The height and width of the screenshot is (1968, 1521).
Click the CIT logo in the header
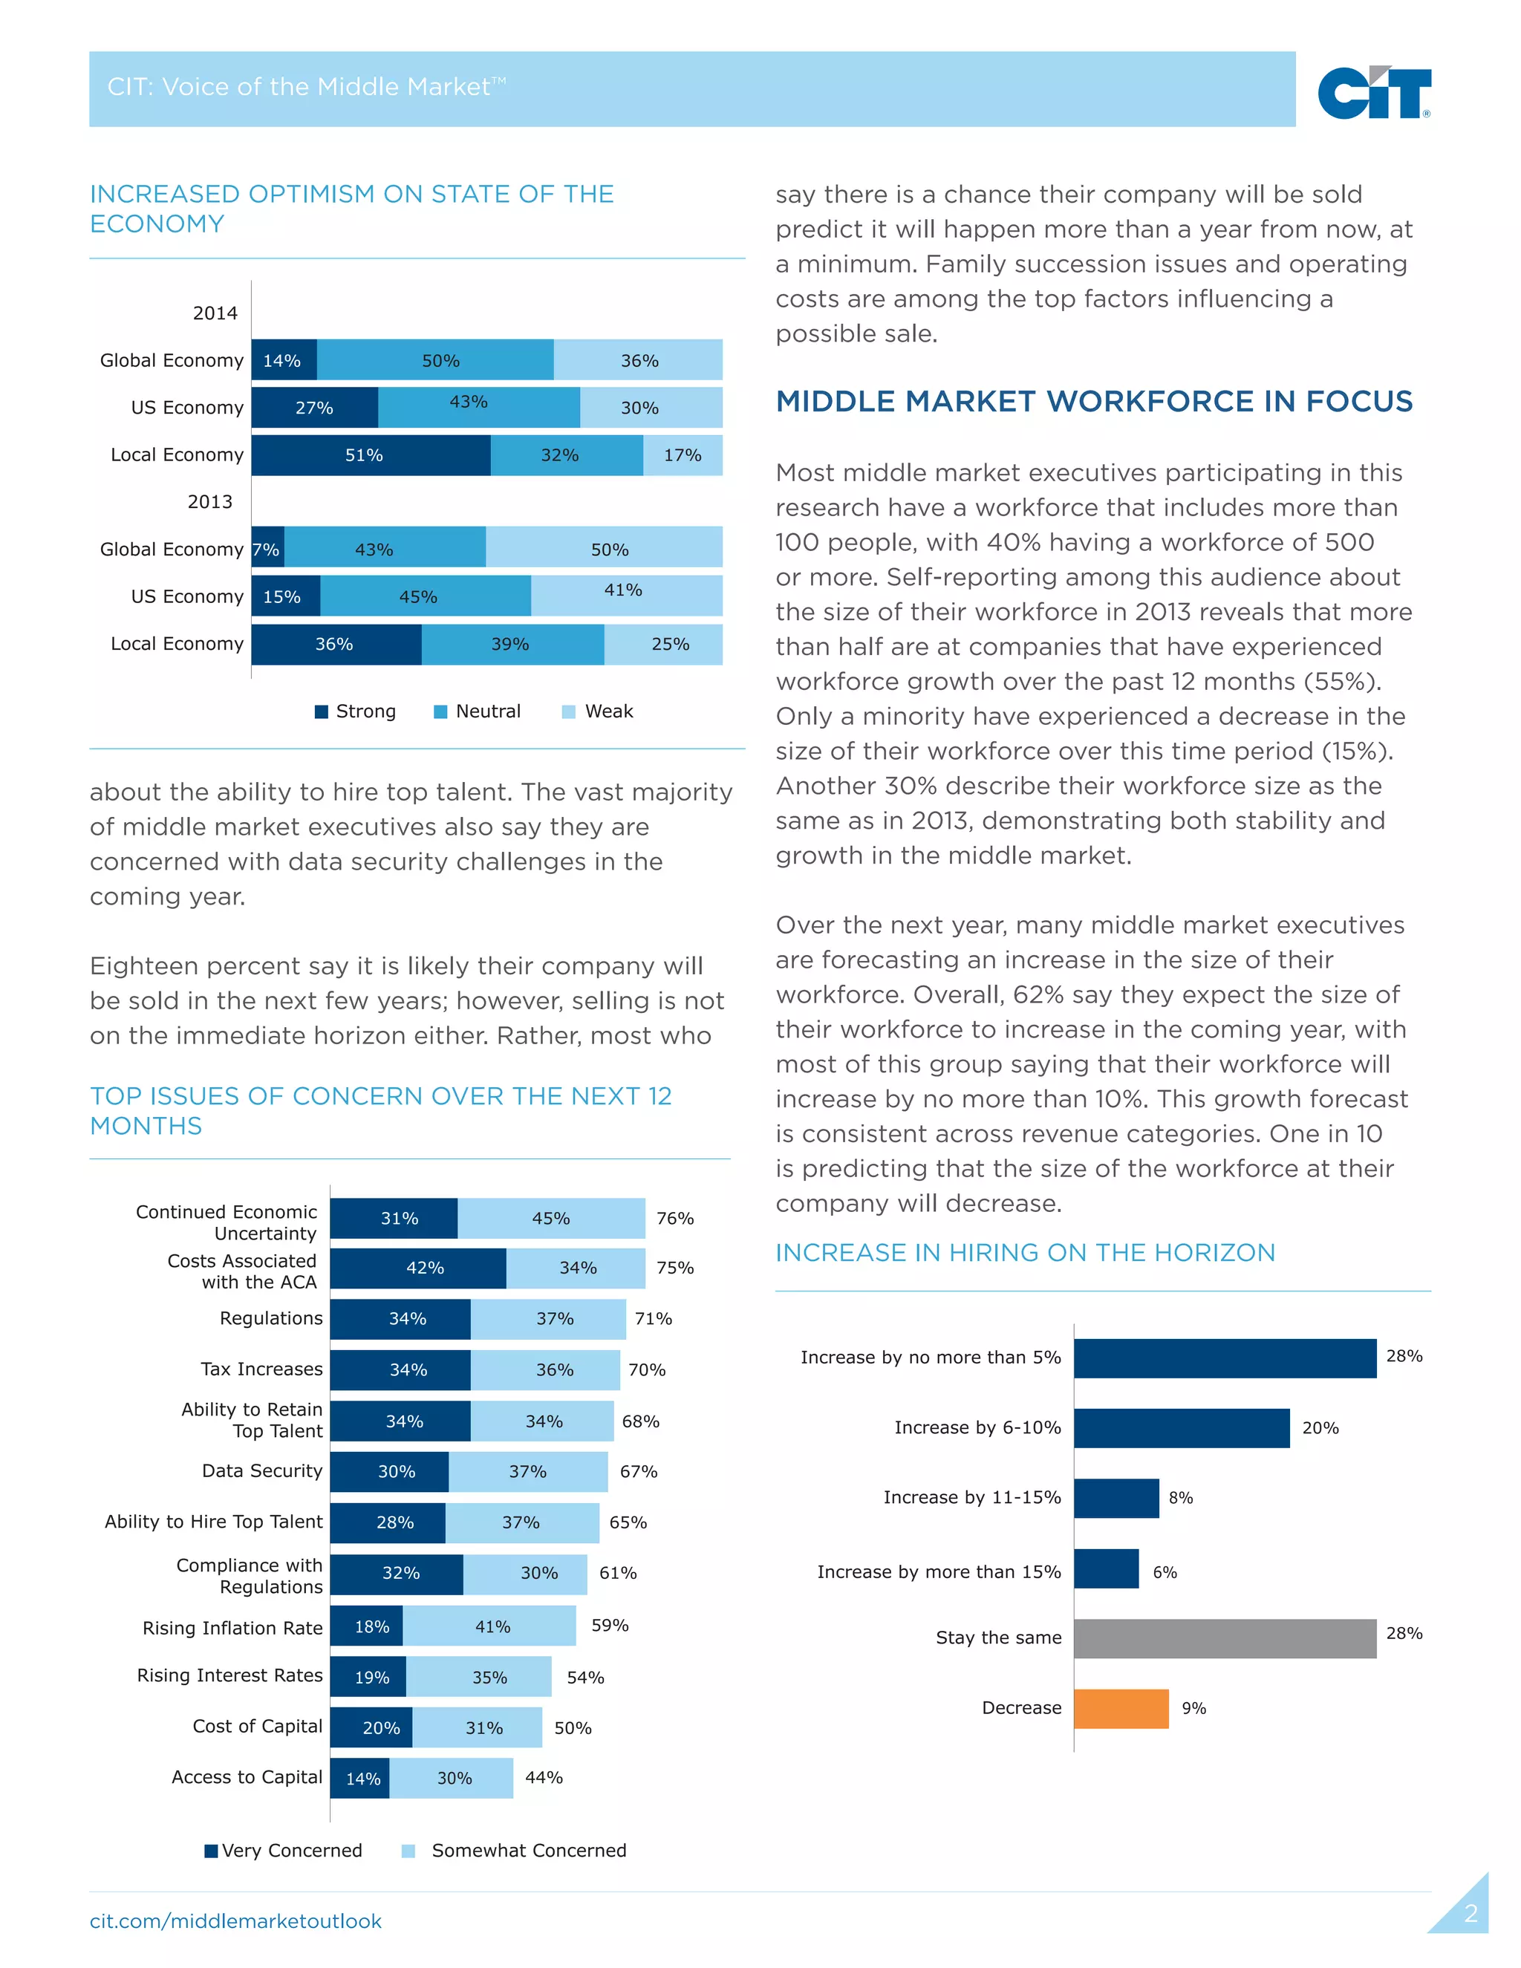coord(1372,92)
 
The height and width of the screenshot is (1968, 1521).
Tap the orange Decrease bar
coord(1120,1709)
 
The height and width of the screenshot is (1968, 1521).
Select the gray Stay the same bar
coord(1224,1638)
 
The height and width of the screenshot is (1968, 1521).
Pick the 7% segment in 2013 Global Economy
coord(267,548)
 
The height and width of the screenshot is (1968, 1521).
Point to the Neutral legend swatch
coord(440,712)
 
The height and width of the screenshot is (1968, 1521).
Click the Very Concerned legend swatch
coord(211,1851)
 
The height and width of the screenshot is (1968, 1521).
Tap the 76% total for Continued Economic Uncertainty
coord(675,1218)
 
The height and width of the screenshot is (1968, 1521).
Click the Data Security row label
coord(261,1470)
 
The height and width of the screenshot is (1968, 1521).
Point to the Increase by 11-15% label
coord(971,1498)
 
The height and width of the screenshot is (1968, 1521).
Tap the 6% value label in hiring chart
coord(1165,1572)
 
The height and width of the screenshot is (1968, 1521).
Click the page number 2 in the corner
coord(1470,1914)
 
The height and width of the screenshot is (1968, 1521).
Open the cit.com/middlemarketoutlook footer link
coord(235,1921)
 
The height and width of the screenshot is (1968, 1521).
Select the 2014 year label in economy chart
coord(215,313)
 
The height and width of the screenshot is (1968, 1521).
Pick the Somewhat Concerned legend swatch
coord(408,1851)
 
